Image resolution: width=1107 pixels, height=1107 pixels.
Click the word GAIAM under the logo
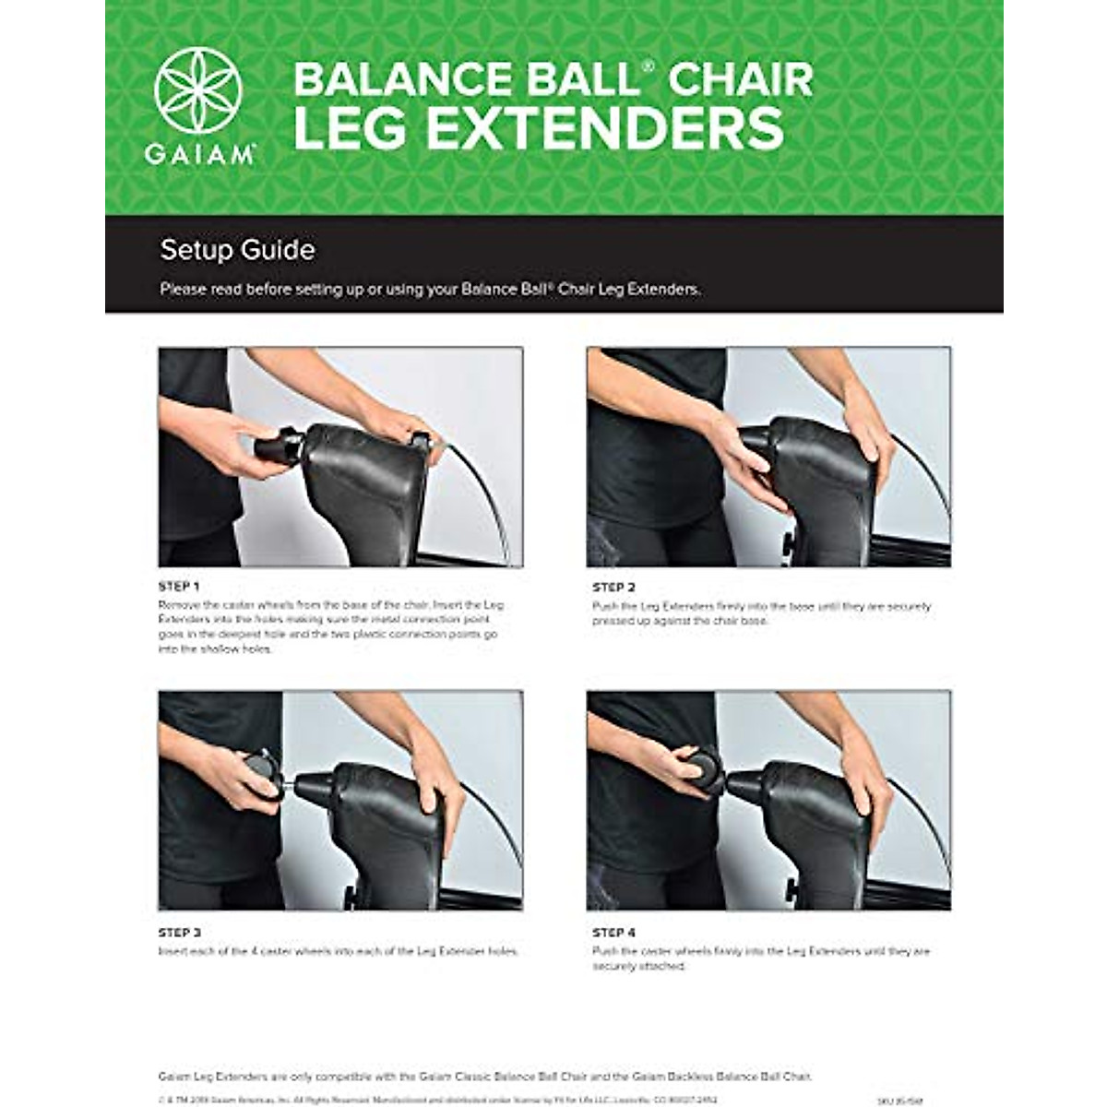pos(199,155)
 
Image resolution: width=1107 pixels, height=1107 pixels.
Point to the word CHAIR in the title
pos(740,79)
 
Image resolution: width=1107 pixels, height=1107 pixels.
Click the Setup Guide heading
pos(237,250)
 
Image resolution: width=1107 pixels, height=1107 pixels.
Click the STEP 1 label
pos(179,587)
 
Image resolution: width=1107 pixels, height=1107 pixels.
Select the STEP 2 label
pos(613,588)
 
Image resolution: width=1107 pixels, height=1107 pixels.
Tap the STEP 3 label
pos(179,933)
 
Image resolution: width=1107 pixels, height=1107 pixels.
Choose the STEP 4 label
pos(613,933)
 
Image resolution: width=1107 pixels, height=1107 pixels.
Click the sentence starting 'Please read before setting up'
pos(430,289)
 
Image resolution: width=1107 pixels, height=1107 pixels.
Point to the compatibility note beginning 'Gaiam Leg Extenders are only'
pos(485,1077)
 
